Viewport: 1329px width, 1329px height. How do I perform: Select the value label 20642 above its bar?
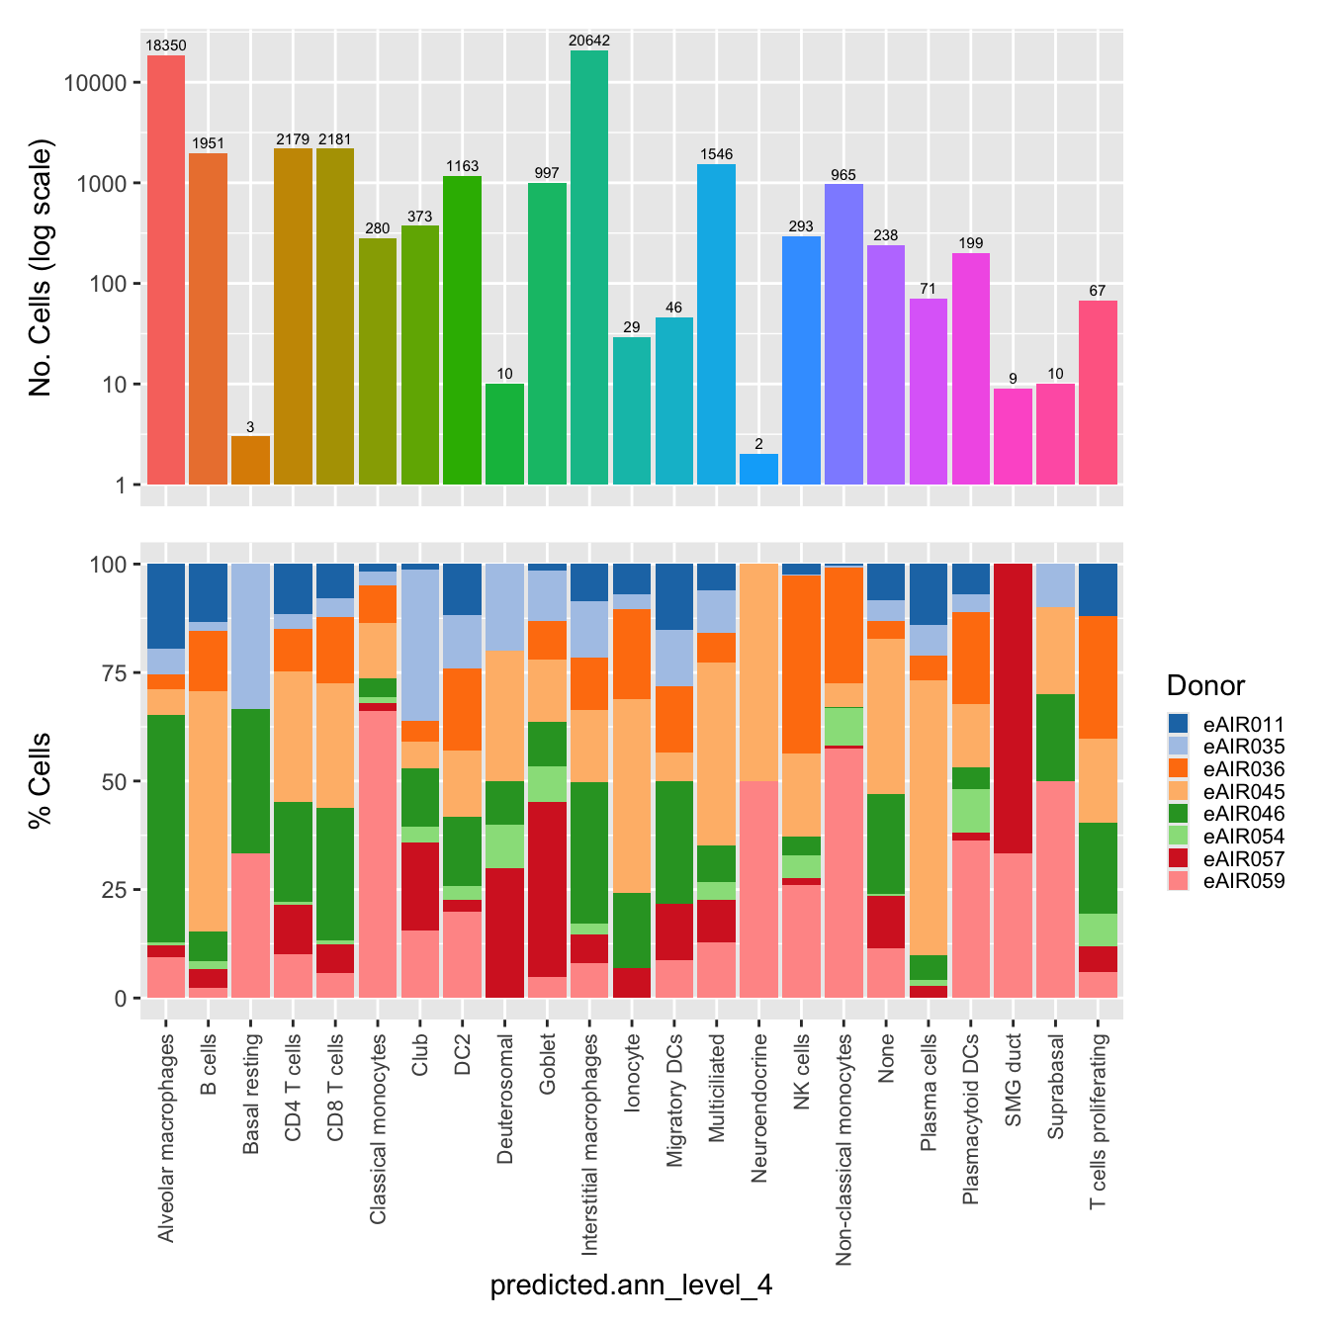coord(589,41)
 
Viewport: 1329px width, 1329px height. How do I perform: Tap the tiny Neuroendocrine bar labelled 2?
coord(758,469)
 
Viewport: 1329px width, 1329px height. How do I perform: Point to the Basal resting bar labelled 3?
coord(250,460)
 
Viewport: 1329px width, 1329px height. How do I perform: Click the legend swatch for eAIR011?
coord(1178,724)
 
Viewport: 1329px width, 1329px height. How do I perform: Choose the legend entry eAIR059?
coord(1243,881)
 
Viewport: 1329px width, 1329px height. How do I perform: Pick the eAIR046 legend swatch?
coord(1178,814)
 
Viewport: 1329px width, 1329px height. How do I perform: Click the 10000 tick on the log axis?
coord(95,83)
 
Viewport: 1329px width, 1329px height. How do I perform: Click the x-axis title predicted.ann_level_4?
coord(631,1285)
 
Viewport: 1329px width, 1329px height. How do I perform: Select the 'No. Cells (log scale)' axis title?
coord(41,267)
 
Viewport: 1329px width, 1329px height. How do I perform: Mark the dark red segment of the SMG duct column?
coord(1013,708)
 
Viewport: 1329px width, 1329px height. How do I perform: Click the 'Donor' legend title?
coord(1205,685)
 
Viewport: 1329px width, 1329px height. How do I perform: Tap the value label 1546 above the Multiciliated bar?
coord(716,154)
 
